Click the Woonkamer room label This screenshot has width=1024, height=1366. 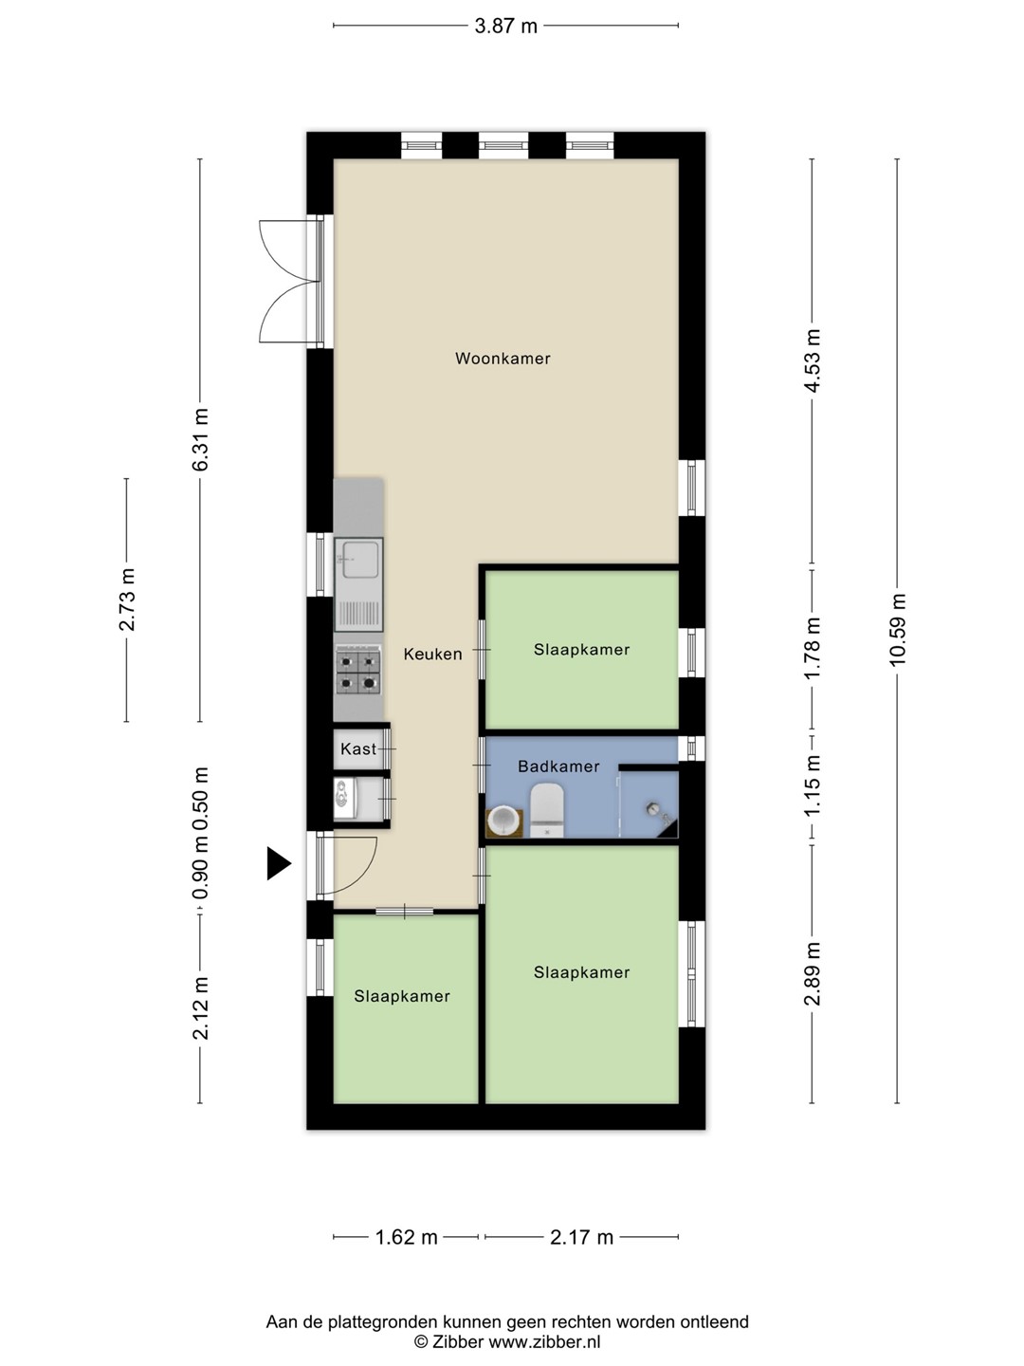[503, 359]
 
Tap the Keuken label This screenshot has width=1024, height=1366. [432, 654]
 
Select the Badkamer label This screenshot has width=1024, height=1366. [558, 766]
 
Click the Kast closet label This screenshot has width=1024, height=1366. [358, 748]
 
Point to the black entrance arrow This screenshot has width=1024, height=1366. [279, 863]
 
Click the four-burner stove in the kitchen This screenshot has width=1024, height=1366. [358, 671]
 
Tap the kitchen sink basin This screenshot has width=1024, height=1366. [357, 559]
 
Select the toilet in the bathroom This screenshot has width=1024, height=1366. [547, 810]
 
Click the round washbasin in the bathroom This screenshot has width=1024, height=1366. [504, 821]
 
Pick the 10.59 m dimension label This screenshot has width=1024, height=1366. [897, 629]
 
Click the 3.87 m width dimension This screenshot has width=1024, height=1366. [505, 27]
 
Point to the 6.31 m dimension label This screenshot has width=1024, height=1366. [200, 439]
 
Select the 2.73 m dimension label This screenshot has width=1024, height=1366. [127, 600]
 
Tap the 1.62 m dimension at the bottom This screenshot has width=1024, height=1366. [407, 1237]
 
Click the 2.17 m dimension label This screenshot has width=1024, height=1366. [581, 1237]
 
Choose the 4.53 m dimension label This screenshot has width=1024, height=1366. [812, 360]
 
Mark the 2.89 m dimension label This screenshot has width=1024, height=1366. [812, 974]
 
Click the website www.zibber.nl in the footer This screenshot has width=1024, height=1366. [544, 1342]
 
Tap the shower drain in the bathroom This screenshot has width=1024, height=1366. [654, 808]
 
